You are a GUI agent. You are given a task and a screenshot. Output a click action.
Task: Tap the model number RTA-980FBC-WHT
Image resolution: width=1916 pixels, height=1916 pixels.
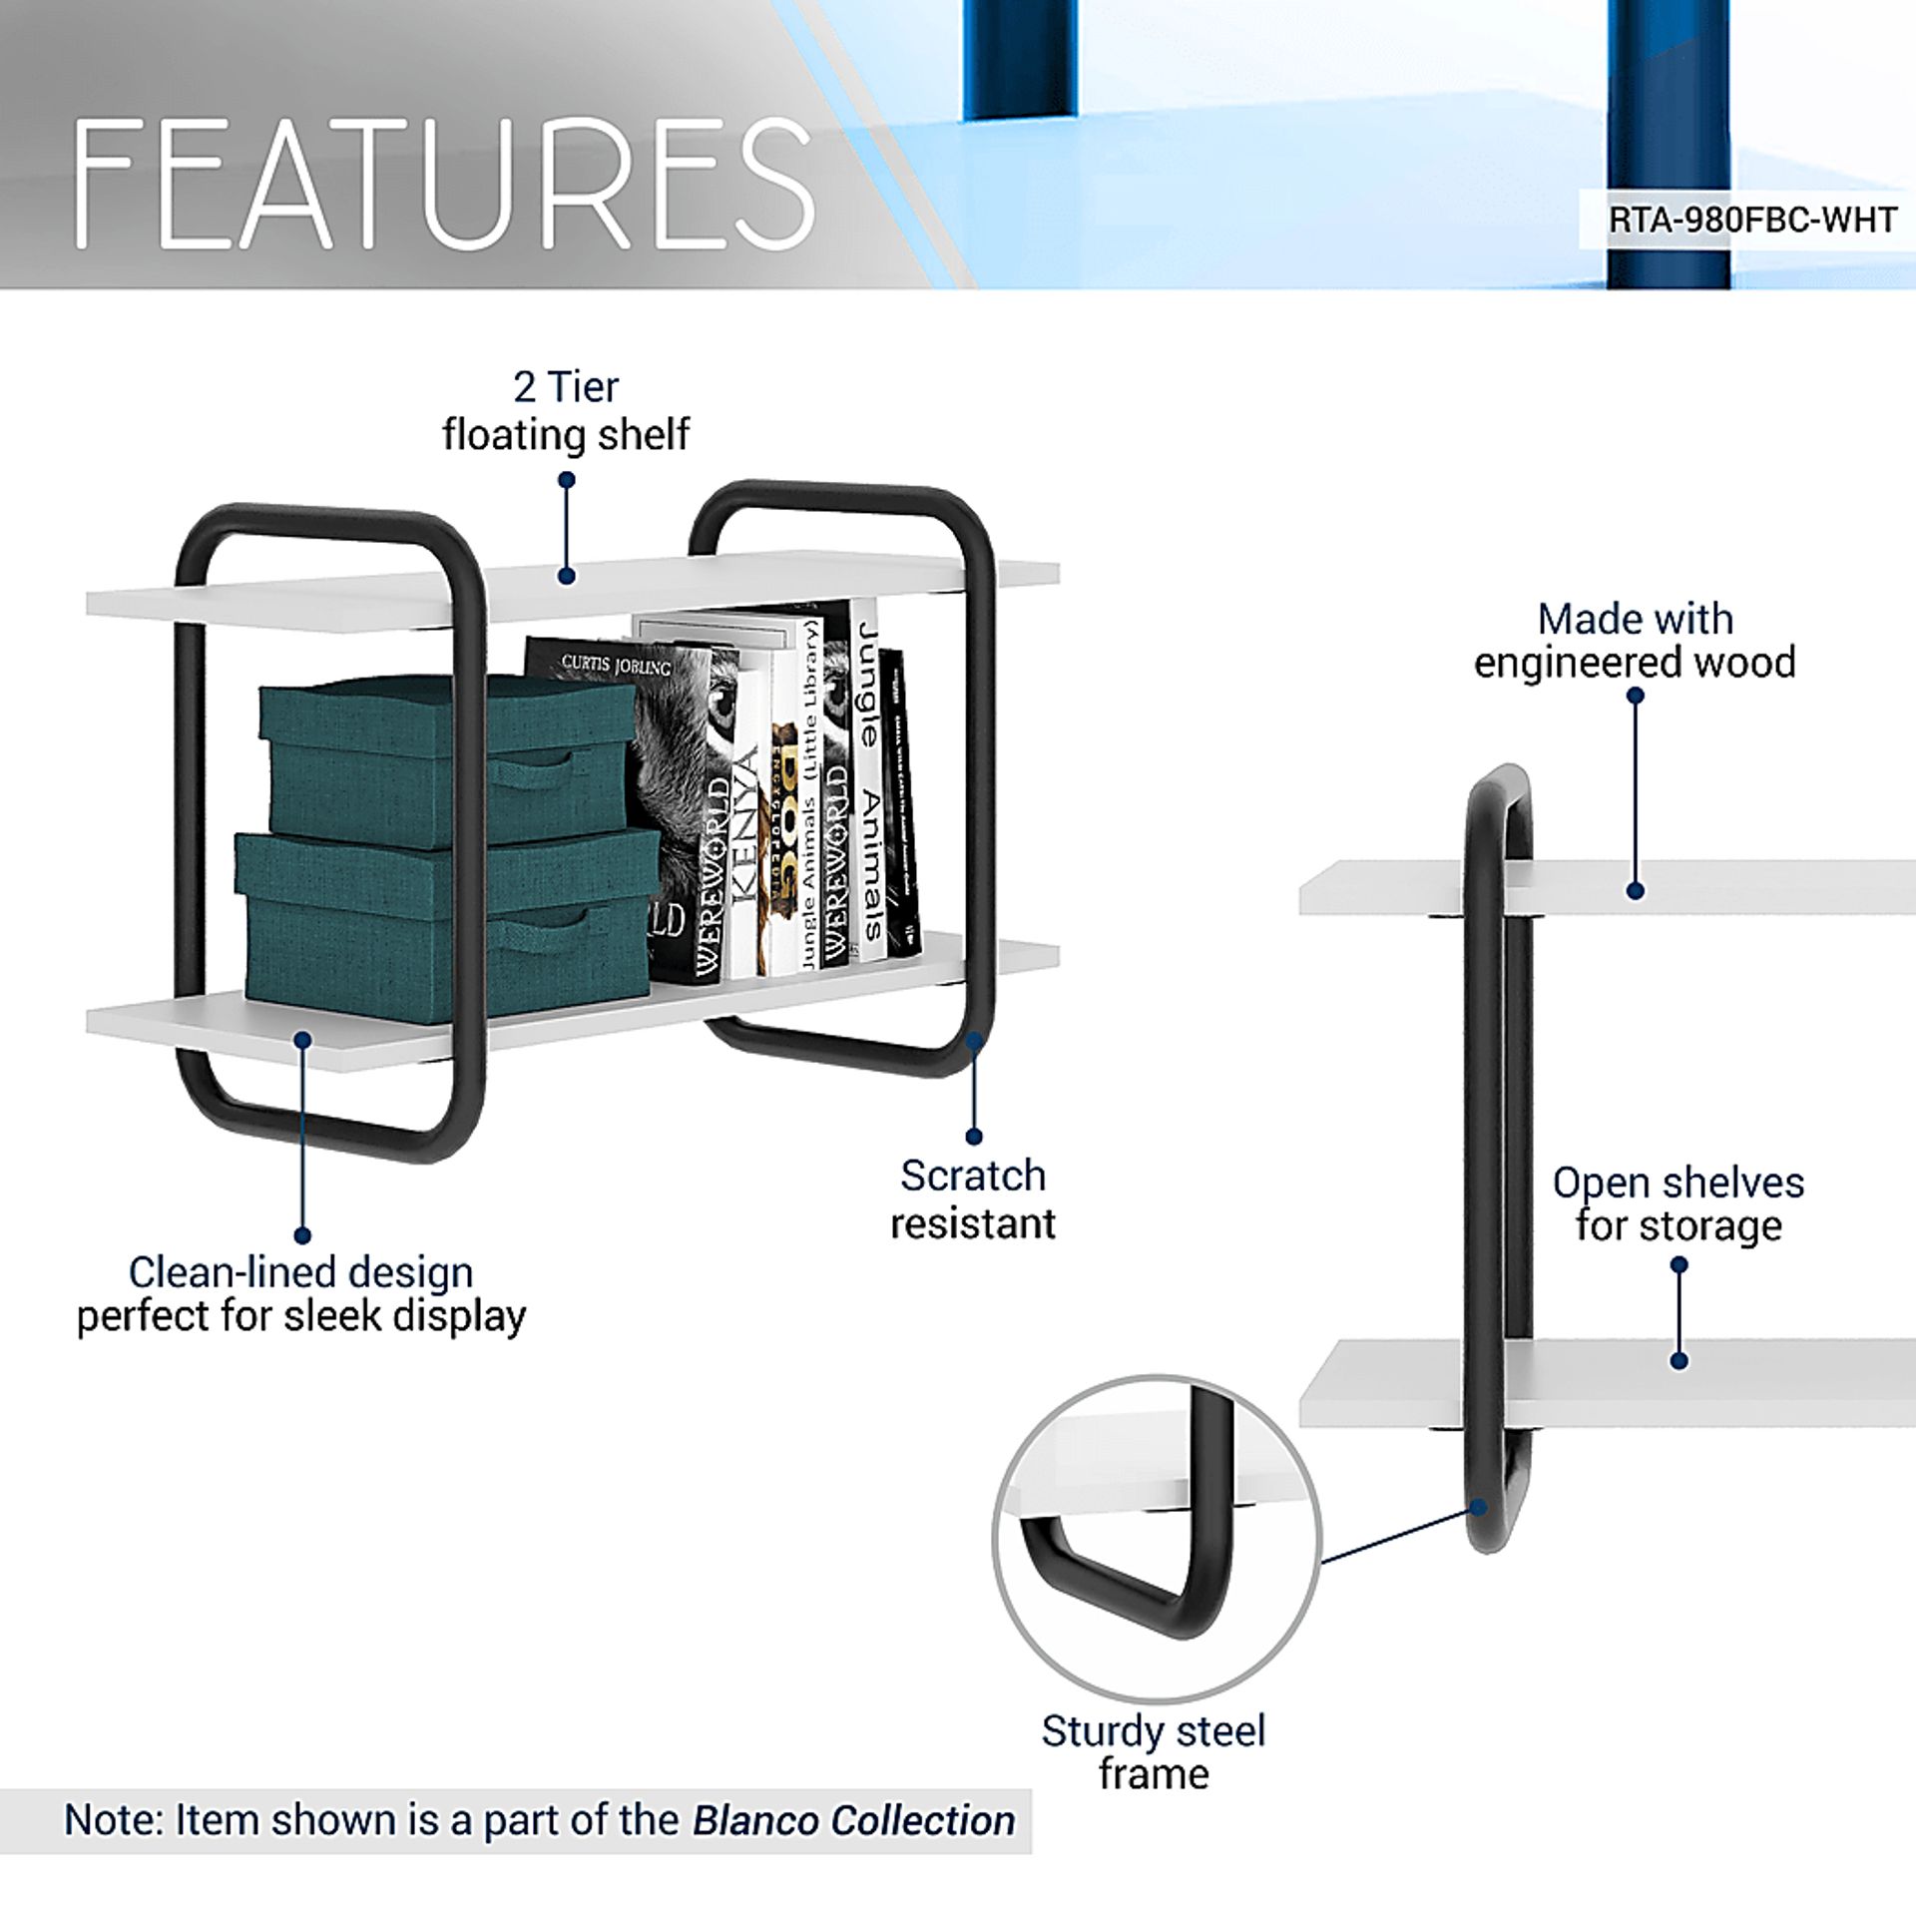[x=1752, y=220]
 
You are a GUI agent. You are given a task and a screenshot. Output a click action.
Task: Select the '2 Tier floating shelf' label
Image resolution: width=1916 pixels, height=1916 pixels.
[x=566, y=411]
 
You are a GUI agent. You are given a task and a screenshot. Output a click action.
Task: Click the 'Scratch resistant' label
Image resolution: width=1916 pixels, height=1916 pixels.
[x=973, y=1199]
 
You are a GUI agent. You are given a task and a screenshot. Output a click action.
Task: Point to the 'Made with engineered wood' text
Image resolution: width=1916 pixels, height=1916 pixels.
[x=1635, y=641]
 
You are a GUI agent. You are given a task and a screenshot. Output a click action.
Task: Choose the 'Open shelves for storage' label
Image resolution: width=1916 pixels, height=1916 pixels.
[x=1678, y=1203]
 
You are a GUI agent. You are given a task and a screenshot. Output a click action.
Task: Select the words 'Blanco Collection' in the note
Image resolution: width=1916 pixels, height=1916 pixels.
[x=854, y=1820]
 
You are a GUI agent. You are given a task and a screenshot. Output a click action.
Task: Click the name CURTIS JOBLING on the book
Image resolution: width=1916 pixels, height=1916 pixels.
[x=616, y=664]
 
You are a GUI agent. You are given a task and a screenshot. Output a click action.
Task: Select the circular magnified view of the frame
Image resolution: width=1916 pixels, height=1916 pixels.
[x=1157, y=1538]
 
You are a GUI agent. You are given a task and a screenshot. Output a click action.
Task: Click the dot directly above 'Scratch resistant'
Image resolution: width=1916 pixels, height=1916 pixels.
[x=974, y=1136]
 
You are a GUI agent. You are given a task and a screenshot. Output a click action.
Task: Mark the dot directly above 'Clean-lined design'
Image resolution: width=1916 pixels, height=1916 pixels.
[x=302, y=1235]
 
